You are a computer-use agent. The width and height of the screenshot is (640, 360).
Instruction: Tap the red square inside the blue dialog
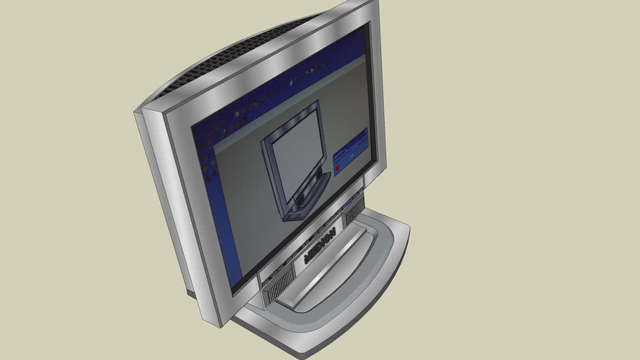(x=338, y=167)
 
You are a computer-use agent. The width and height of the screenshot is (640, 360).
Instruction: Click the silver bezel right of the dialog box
(x=378, y=141)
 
